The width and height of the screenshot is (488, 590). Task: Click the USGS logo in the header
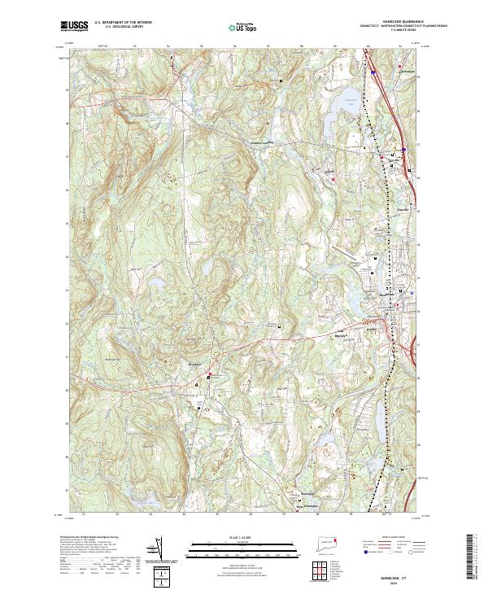pos(75,26)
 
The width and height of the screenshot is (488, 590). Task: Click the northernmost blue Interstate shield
pos(373,72)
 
